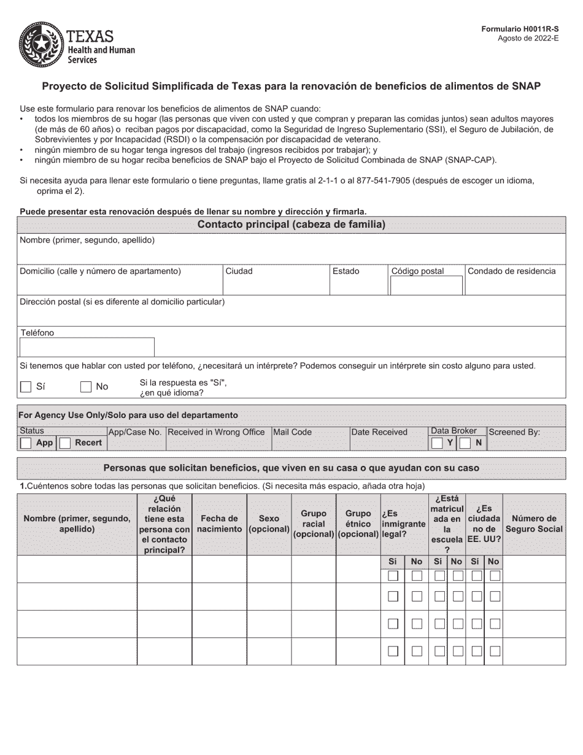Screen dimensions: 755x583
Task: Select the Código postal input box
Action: point(427,285)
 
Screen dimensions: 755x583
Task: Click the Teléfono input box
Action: point(87,347)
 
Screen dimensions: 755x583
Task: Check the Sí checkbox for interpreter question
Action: point(26,387)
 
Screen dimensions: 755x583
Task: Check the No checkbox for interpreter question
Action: point(86,387)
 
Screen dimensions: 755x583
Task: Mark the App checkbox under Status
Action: point(26,443)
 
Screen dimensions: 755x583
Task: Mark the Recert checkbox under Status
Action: point(65,443)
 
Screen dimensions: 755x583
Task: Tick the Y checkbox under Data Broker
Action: point(437,443)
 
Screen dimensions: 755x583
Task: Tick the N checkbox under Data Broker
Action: point(466,443)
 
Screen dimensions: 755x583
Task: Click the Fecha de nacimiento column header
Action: point(219,524)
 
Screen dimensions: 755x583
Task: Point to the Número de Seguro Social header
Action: point(534,524)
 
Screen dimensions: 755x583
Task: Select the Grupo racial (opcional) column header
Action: point(314,524)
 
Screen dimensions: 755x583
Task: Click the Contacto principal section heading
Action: point(291,225)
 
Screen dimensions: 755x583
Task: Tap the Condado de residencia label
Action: point(511,271)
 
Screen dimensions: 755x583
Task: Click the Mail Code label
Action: point(293,432)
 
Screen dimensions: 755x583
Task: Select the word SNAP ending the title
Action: point(526,87)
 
